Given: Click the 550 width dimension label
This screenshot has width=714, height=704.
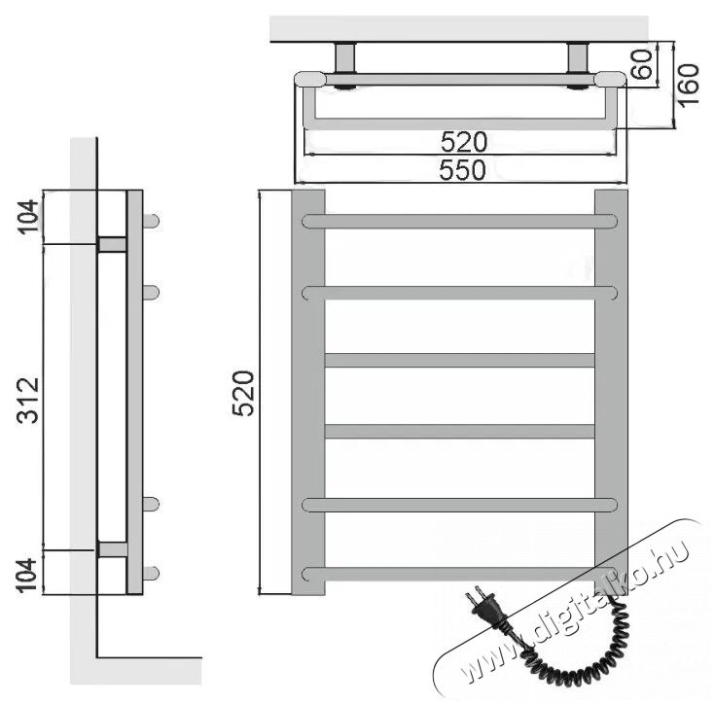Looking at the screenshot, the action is click(x=462, y=170).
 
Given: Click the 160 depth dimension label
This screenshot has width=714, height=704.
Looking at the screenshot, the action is click(x=688, y=86).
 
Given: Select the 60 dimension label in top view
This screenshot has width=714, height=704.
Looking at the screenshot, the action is click(x=642, y=64).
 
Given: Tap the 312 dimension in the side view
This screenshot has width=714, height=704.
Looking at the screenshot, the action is click(x=28, y=400).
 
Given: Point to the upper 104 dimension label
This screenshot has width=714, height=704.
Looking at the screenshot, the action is click(x=28, y=216).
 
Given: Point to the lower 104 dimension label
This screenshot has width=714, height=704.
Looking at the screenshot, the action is click(x=28, y=576).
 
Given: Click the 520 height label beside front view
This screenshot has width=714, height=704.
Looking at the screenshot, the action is click(x=243, y=394).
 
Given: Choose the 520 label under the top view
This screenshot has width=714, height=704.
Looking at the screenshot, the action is click(x=464, y=142).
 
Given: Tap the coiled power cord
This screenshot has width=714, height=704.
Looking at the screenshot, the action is click(x=579, y=651).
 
